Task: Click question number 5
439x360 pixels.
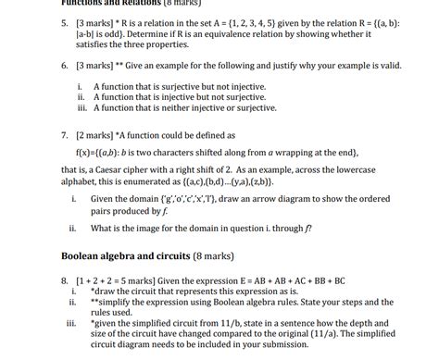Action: tap(65, 19)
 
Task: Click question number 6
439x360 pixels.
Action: tap(65, 68)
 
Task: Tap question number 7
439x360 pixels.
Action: tap(65, 134)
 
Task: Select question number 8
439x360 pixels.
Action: tap(65, 279)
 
